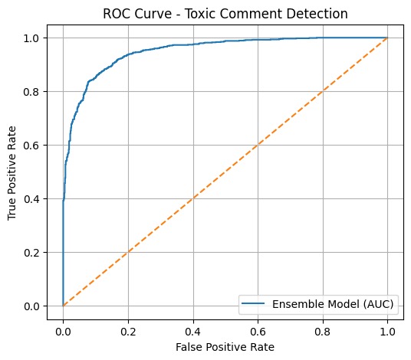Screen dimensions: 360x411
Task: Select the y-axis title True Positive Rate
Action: coord(12,172)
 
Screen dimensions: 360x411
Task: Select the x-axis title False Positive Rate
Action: coord(225,347)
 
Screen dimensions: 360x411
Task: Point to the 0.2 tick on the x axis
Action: coord(128,331)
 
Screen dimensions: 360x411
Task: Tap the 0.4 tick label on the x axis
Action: coord(193,331)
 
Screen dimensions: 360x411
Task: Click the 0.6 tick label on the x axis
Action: coord(258,331)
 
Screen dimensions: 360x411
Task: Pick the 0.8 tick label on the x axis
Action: coord(323,331)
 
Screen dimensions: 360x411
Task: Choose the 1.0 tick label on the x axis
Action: coord(387,331)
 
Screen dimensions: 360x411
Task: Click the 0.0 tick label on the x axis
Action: coord(63,331)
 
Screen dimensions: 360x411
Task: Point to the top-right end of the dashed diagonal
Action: coord(387,38)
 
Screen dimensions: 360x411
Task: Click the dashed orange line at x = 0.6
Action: coord(258,145)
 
